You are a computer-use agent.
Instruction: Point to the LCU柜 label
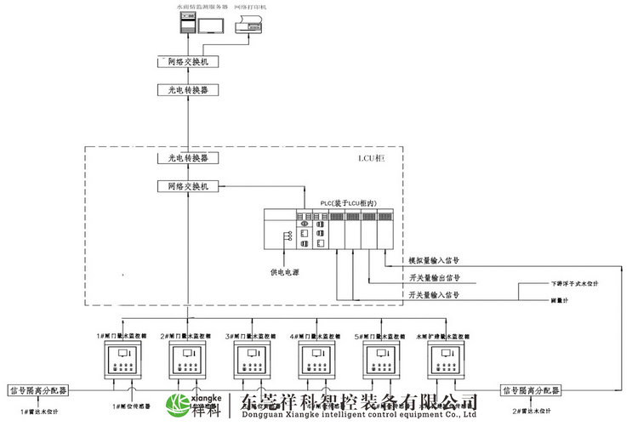(373, 159)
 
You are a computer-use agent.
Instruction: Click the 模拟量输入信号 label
(434, 260)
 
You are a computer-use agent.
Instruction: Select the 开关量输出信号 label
(434, 278)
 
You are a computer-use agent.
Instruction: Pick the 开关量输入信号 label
(434, 295)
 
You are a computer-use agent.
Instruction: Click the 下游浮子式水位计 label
(575, 283)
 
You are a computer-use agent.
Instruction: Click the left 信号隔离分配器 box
(38, 390)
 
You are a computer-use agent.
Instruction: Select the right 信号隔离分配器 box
(530, 390)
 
